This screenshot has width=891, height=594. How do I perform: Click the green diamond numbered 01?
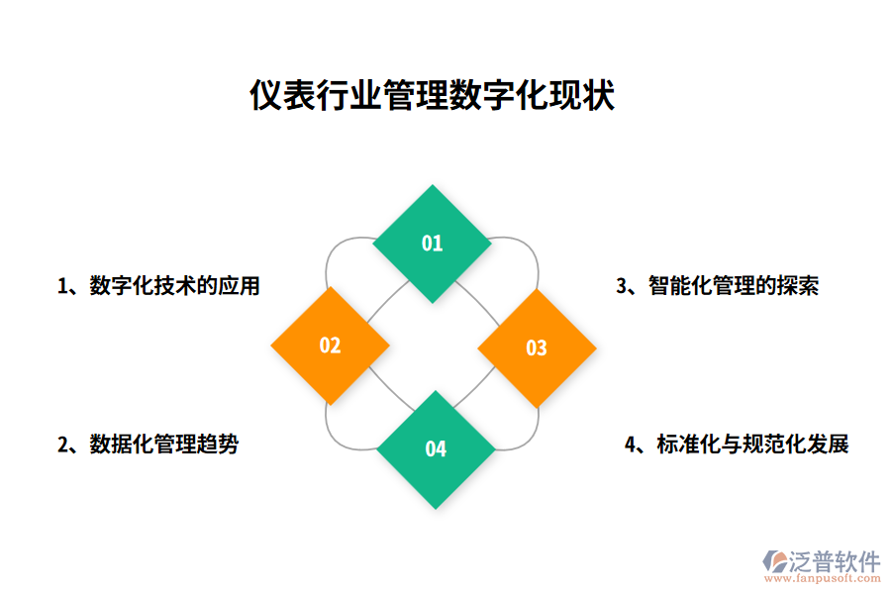click(x=432, y=244)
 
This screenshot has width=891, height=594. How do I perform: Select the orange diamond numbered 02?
click(x=330, y=346)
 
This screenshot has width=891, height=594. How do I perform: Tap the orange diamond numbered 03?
click(x=537, y=347)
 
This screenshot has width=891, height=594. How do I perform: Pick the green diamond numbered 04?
click(x=436, y=449)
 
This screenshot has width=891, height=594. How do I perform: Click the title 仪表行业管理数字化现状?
click(x=432, y=96)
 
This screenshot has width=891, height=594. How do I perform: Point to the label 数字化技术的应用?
click(x=174, y=286)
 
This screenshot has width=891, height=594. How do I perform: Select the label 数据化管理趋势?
click(x=163, y=445)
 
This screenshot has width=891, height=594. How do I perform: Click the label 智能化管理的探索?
click(x=733, y=286)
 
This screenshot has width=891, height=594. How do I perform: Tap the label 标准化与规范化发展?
click(x=752, y=445)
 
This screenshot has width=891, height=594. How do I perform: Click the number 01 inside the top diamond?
click(x=432, y=244)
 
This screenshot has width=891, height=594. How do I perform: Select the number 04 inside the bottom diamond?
click(x=436, y=449)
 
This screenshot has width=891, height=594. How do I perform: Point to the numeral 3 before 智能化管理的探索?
click(x=622, y=287)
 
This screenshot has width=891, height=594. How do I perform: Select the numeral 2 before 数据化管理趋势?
click(x=63, y=445)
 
